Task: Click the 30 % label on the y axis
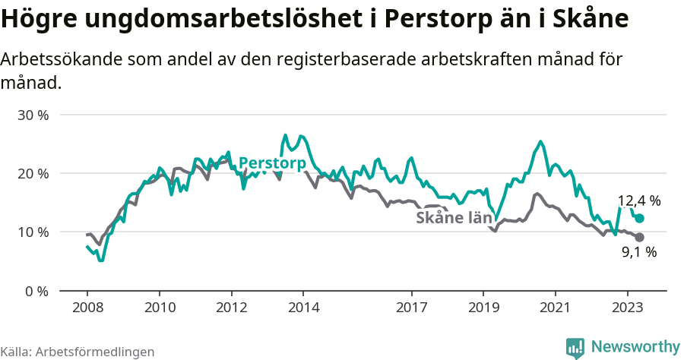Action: [x=33, y=115]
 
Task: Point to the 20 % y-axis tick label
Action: [x=33, y=174]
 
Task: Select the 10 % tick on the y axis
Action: [x=33, y=232]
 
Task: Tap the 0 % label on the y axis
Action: [x=36, y=291]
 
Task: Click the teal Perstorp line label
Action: [x=272, y=163]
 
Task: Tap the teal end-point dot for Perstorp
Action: [x=639, y=219]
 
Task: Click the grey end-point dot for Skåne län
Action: [x=639, y=238]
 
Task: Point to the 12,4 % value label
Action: [x=638, y=201]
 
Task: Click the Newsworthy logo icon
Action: [x=575, y=347]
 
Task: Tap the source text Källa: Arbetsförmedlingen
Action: [x=78, y=352]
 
